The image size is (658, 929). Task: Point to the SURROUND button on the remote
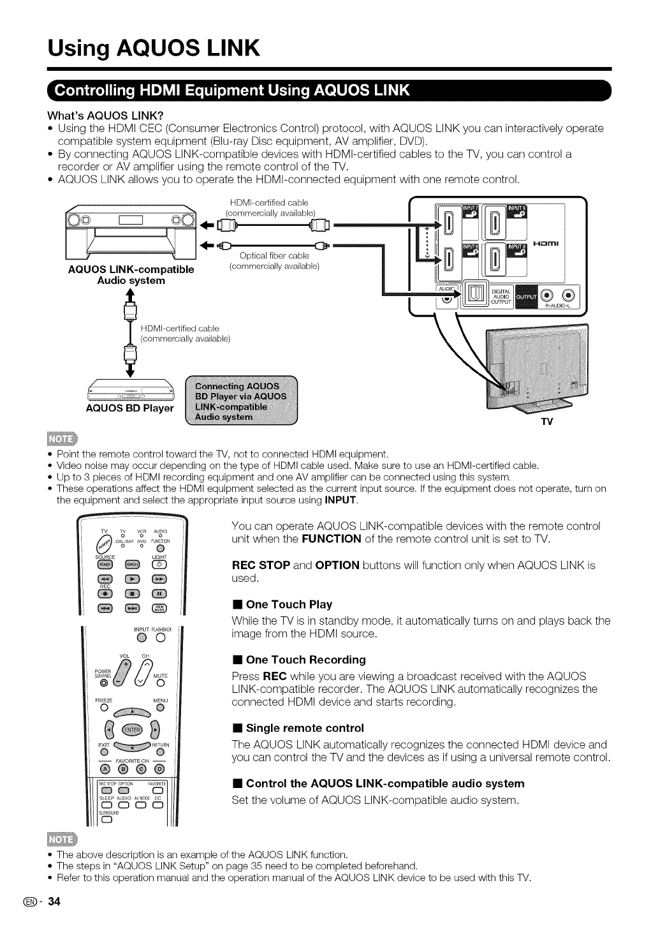pos(106,821)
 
